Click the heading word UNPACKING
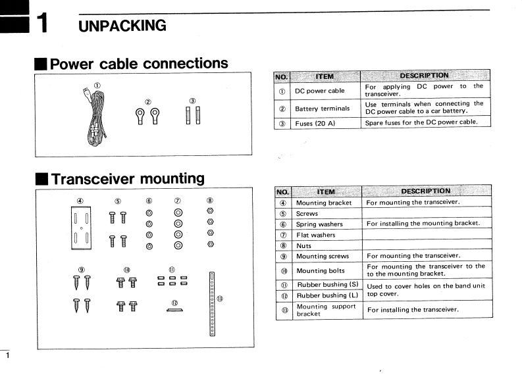point(122,26)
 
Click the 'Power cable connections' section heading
point(139,64)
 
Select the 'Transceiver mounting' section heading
point(127,178)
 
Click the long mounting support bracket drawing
point(212,303)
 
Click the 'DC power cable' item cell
point(319,91)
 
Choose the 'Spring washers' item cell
point(319,224)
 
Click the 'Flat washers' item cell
point(315,235)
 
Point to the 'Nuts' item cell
point(303,245)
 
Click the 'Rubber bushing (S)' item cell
point(326,284)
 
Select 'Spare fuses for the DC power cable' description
point(420,122)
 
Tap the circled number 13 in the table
point(282,310)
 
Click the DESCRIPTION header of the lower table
point(425,191)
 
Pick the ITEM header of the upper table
point(325,76)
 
